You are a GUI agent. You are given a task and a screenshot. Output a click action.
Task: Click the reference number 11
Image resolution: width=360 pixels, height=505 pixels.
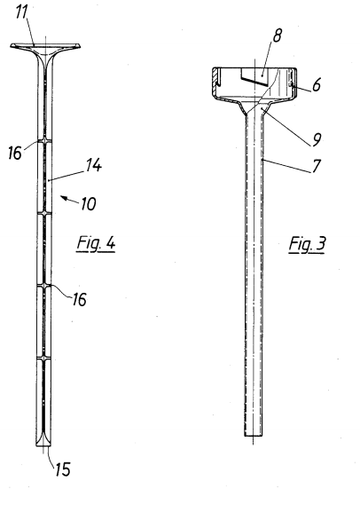point(22,13)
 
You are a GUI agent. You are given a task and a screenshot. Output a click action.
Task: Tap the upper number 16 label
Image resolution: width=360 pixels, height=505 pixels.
point(14,153)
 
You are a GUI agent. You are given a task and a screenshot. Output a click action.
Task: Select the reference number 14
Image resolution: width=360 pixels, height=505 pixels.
point(94,165)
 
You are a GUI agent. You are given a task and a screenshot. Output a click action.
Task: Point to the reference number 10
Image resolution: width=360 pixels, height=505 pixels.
point(88,203)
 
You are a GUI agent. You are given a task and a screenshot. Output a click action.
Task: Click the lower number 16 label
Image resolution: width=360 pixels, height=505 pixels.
point(79,299)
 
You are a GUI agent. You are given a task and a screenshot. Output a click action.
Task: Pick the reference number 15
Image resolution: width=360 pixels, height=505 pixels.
point(63,469)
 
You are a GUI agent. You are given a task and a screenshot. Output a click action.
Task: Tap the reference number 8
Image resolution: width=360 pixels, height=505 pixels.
point(278,36)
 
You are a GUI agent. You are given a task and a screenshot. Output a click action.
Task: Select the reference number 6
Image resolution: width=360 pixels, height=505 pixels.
point(317,84)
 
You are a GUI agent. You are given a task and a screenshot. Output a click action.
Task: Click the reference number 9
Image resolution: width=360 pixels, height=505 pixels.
point(317,139)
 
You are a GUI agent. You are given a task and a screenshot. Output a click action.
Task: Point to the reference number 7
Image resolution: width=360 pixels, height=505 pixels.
point(317,166)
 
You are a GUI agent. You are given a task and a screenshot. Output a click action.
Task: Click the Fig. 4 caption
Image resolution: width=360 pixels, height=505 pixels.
point(96,243)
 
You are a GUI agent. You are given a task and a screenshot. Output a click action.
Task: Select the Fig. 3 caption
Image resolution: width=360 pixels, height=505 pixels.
point(307,244)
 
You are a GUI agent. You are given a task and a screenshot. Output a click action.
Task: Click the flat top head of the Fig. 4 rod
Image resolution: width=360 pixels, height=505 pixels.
point(45,46)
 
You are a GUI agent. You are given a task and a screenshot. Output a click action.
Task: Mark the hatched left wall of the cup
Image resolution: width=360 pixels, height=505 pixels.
point(215,82)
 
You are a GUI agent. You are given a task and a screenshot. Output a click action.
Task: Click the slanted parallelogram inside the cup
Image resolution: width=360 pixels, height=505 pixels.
point(254,78)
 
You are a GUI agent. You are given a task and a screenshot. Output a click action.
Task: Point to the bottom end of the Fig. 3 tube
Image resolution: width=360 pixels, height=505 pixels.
point(254,436)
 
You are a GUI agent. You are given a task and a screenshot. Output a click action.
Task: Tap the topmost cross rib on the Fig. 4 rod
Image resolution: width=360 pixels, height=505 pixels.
point(44,141)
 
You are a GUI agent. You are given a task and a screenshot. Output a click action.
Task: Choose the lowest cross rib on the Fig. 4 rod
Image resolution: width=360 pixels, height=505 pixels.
point(44,358)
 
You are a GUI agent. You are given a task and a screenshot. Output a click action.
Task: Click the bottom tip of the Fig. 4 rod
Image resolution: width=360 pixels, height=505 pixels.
point(43,446)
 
